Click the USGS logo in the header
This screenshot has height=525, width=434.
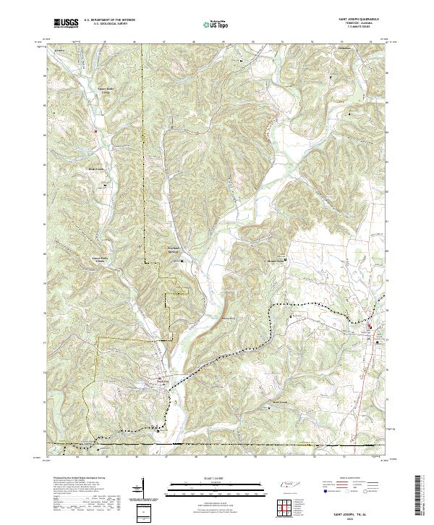pyautogui.click(x=67, y=23)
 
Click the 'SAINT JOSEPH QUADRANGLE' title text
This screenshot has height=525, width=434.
pyautogui.click(x=354, y=19)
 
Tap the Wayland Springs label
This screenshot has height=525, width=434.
pyautogui.click(x=168, y=252)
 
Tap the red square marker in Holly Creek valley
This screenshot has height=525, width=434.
pyautogui.click(x=95, y=131)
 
